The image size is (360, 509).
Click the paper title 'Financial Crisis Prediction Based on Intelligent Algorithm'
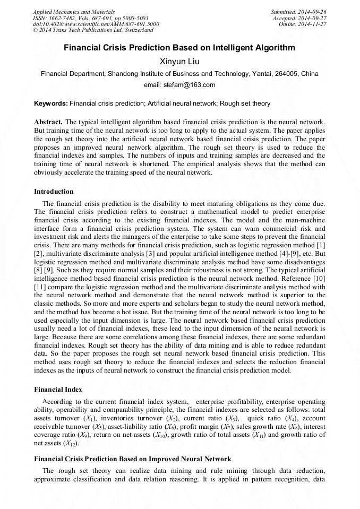point(179,48)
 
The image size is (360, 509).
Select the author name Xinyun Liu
point(179,62)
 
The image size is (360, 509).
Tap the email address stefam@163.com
point(179,85)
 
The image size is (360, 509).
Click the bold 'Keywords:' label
point(51,103)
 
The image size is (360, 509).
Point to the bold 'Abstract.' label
point(48,122)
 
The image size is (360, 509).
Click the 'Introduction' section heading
point(54,192)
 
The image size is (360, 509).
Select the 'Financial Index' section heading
point(58,389)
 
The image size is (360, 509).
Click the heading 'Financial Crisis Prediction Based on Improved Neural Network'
point(132,459)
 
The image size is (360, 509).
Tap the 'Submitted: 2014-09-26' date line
point(299,12)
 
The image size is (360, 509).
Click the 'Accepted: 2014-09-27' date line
point(300,18)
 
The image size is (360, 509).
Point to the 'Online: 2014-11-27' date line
point(303,24)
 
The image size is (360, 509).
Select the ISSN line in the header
point(91,18)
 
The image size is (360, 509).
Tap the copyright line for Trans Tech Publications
point(93,30)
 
